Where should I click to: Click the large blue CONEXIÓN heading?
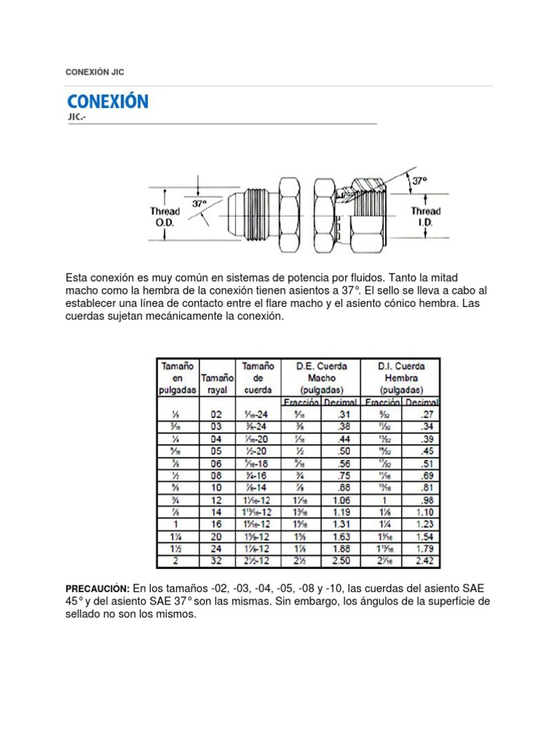107,101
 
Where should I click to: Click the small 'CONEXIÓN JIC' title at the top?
99,72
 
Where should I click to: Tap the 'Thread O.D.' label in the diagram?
165,217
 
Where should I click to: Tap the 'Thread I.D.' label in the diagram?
425,217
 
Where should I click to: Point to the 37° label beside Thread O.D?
199,204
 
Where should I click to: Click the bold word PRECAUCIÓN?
97,587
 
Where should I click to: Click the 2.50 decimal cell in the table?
339,561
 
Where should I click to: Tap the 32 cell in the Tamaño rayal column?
216,561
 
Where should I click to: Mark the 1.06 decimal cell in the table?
339,499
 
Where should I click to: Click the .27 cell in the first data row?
425,414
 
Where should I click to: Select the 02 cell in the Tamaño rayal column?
216,414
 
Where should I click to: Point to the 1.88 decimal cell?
339,549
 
